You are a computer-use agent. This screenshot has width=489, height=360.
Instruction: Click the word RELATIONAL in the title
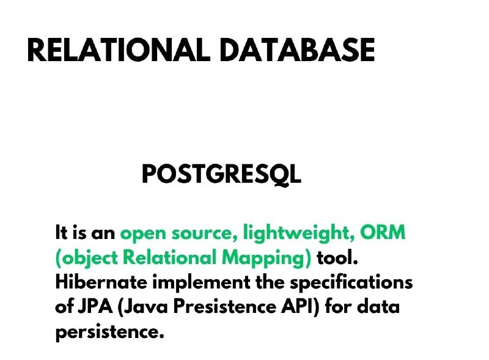pyautogui.click(x=119, y=50)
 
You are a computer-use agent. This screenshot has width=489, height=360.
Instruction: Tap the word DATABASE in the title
pyautogui.click(x=297, y=50)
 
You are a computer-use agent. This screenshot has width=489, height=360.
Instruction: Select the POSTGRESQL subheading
pyautogui.click(x=221, y=174)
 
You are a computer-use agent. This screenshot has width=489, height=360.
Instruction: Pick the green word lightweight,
pyautogui.click(x=299, y=233)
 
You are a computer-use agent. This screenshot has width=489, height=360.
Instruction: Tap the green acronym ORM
pyautogui.click(x=383, y=232)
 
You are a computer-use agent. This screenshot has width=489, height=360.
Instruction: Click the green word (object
pyautogui.click(x=87, y=259)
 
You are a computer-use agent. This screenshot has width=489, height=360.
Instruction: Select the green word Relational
pyautogui.click(x=170, y=257)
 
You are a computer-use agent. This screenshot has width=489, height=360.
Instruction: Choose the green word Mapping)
pyautogui.click(x=267, y=259)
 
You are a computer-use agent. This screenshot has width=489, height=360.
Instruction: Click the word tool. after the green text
pyautogui.click(x=337, y=257)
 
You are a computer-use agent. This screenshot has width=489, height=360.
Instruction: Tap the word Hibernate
pyautogui.click(x=101, y=282)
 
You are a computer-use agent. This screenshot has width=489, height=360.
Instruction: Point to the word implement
pyautogui.click(x=201, y=283)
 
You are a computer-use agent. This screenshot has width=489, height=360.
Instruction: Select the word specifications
pyautogui.click(x=351, y=283)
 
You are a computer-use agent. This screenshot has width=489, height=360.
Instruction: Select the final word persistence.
pyautogui.click(x=109, y=332)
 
